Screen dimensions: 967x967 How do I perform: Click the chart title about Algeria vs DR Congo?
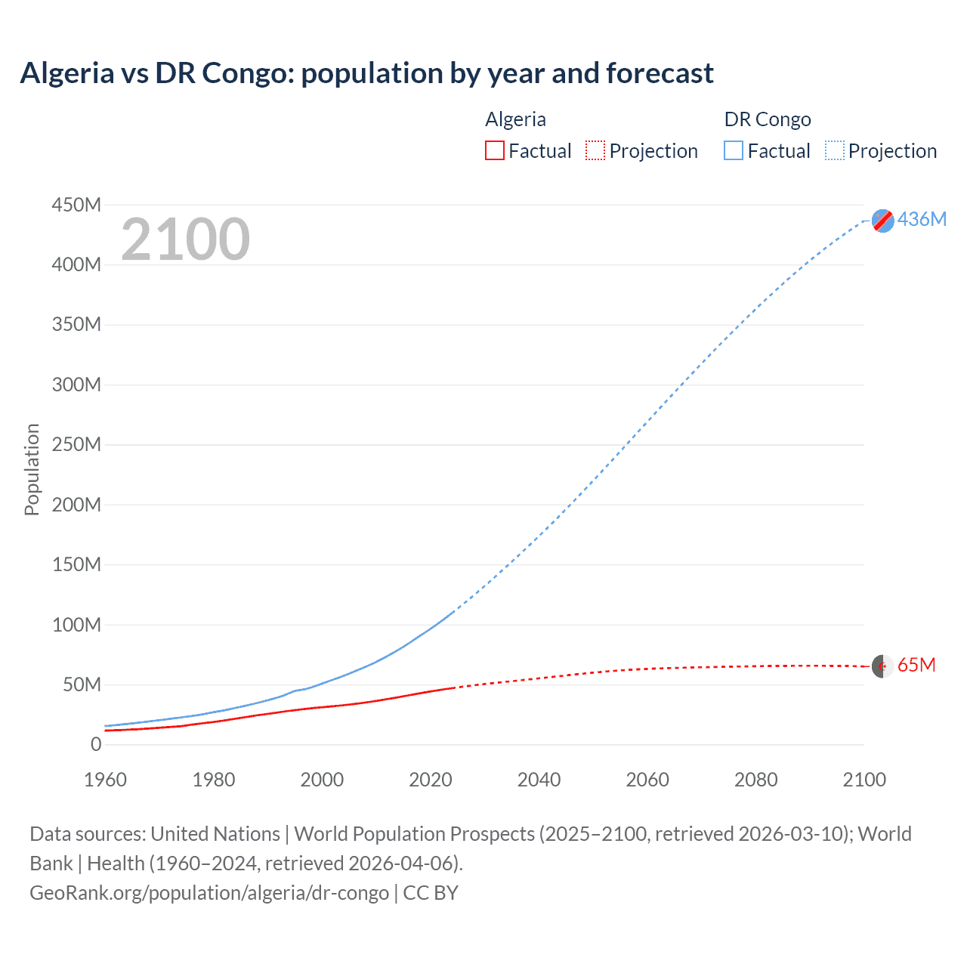(x=366, y=73)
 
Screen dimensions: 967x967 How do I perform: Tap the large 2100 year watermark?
(x=185, y=239)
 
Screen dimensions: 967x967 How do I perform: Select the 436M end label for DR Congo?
(x=922, y=219)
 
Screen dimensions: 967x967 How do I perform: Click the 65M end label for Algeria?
(x=916, y=665)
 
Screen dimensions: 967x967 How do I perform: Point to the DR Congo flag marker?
(x=882, y=221)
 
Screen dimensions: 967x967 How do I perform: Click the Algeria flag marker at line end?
(x=882, y=666)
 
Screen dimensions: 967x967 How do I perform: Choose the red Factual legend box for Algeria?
(x=494, y=151)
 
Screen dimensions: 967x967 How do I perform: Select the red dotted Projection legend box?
(x=595, y=151)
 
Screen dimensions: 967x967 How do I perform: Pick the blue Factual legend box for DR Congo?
(x=733, y=151)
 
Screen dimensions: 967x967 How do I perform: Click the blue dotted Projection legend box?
(x=834, y=151)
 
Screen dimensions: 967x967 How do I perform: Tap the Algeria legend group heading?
(x=515, y=119)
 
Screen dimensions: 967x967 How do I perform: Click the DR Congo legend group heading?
(x=768, y=119)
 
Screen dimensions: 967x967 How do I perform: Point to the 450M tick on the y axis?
(x=76, y=205)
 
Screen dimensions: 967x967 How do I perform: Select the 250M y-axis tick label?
(x=76, y=444)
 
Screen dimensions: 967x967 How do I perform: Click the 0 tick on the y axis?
(x=95, y=744)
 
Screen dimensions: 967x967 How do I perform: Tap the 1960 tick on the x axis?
(x=105, y=780)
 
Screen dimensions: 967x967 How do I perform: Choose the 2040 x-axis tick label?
(x=539, y=780)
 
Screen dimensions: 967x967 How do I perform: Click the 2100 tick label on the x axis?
(x=864, y=780)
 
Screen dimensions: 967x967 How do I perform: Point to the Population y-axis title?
(x=32, y=469)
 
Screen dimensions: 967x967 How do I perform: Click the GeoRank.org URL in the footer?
(x=209, y=893)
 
